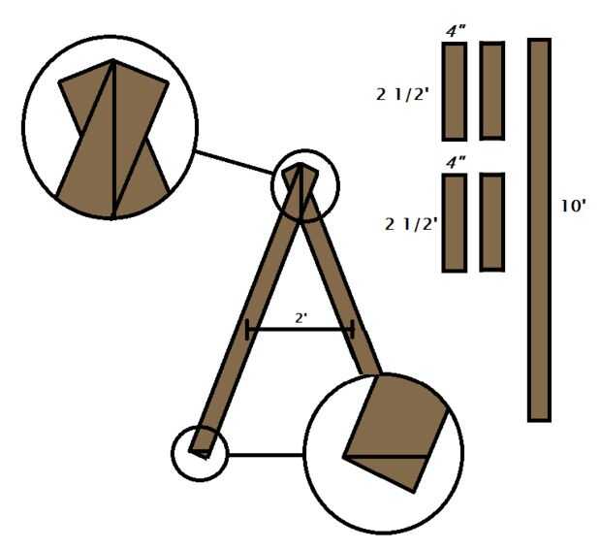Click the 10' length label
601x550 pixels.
(x=573, y=206)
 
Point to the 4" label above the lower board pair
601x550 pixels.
(x=455, y=162)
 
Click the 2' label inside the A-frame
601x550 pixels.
(x=301, y=317)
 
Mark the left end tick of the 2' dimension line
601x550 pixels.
(x=249, y=330)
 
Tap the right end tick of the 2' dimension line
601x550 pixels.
(x=352, y=330)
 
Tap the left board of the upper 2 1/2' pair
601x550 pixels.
(x=455, y=91)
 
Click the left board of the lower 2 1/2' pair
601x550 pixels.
(x=455, y=222)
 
